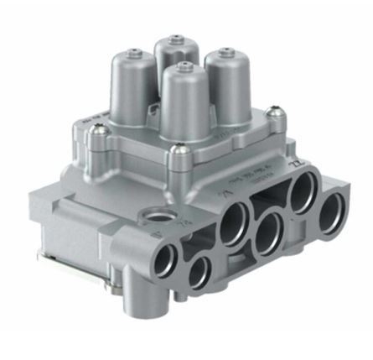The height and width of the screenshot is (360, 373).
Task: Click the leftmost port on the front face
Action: [168, 255]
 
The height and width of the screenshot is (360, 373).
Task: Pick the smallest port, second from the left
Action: [200, 271]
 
